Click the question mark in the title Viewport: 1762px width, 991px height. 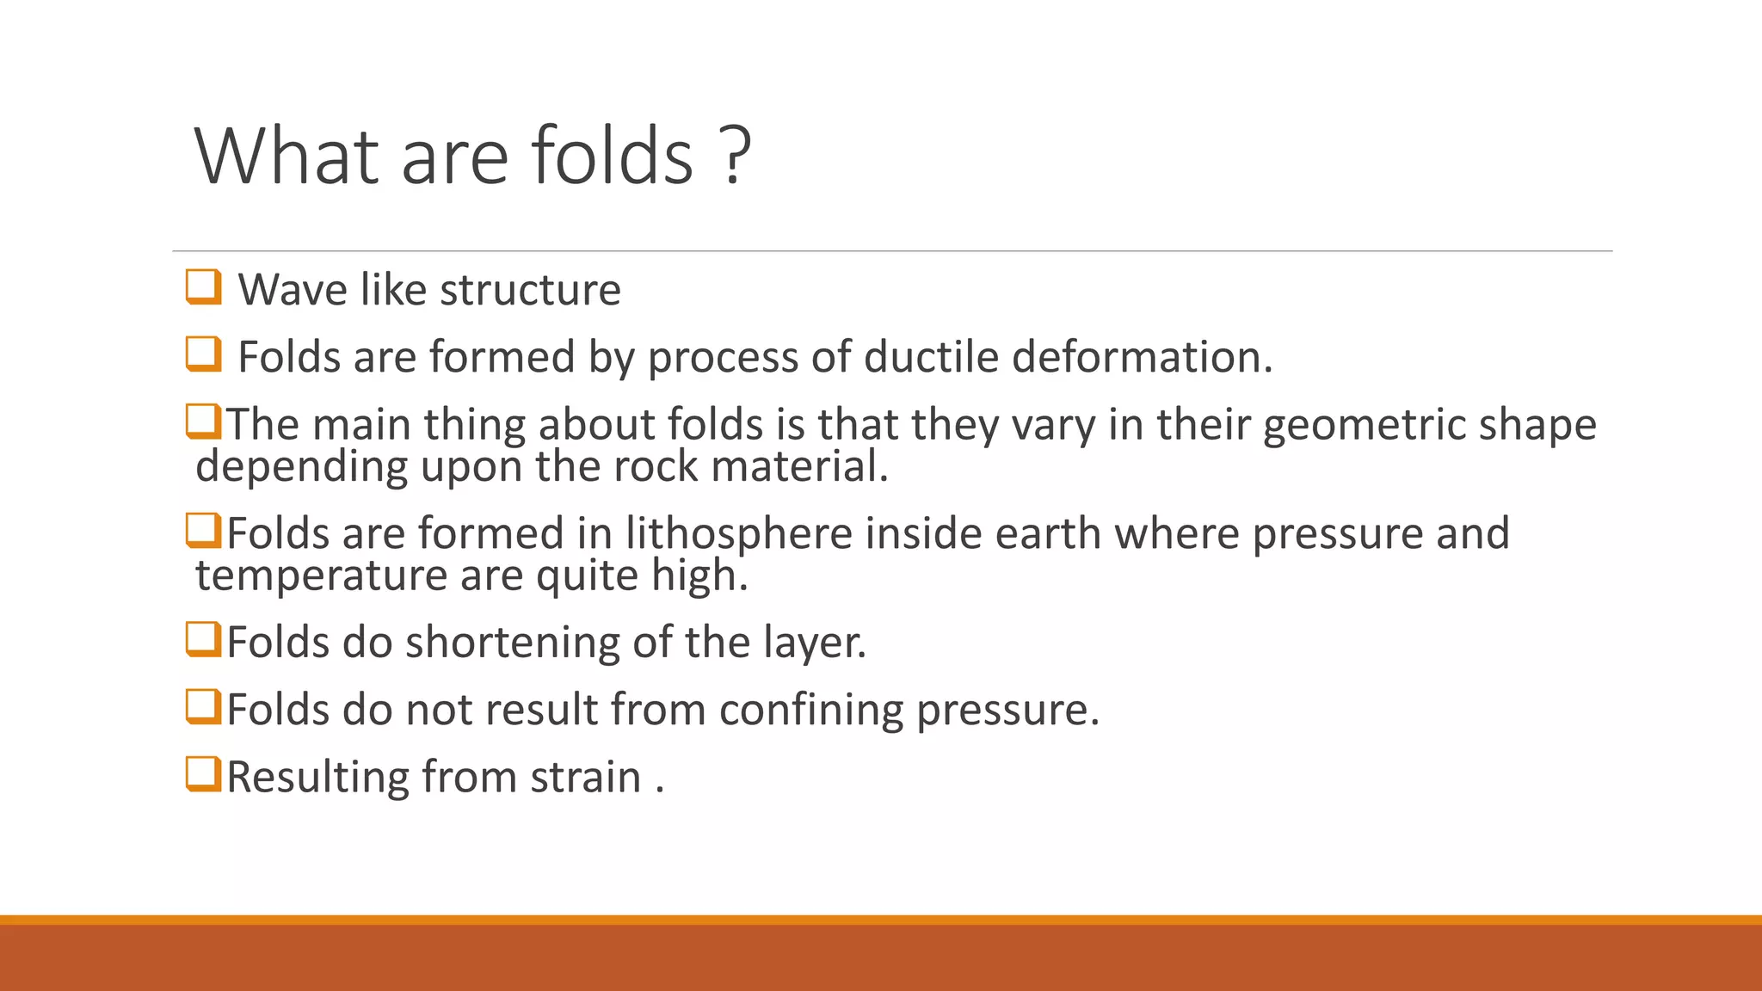(x=733, y=156)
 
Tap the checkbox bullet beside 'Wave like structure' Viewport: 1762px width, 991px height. (x=204, y=286)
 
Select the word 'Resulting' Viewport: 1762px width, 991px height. (x=317, y=778)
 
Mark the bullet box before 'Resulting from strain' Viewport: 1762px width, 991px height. (x=204, y=774)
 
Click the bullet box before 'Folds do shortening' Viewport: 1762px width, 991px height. (x=204, y=639)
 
